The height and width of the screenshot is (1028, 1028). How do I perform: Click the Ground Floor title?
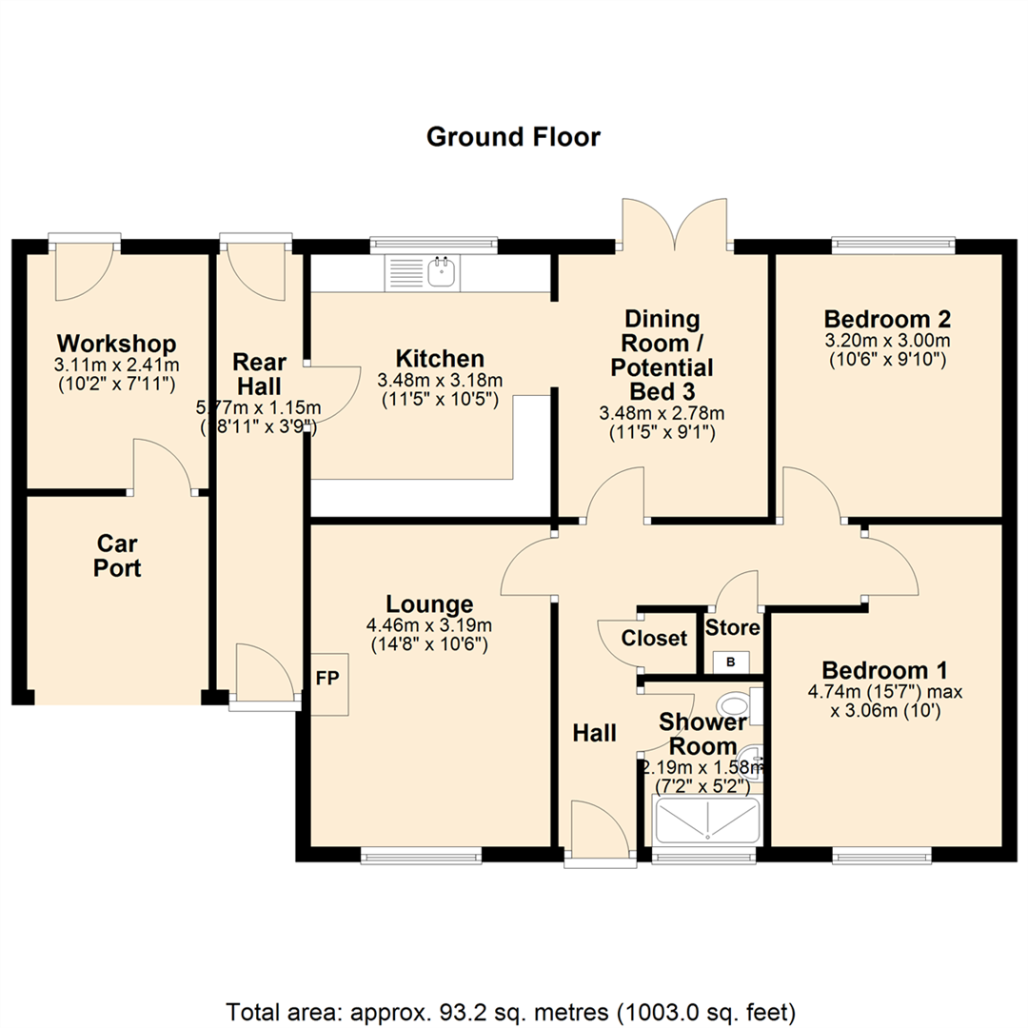pyautogui.click(x=513, y=137)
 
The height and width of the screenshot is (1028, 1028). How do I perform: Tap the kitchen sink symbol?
pyautogui.click(x=443, y=273)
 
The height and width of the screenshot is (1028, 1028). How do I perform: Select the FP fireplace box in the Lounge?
pyautogui.click(x=326, y=682)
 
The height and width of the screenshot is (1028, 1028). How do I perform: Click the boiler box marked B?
pyautogui.click(x=731, y=662)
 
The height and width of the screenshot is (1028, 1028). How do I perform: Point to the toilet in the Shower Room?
pyautogui.click(x=736, y=705)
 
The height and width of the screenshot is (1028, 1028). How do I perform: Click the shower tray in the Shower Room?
pyautogui.click(x=706, y=820)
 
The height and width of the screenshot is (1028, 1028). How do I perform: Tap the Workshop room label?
pyautogui.click(x=117, y=343)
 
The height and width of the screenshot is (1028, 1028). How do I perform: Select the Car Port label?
pyautogui.click(x=118, y=556)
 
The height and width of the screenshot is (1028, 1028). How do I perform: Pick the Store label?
pyautogui.click(x=732, y=628)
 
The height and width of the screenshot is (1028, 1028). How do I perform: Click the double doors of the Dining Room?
pyautogui.click(x=676, y=225)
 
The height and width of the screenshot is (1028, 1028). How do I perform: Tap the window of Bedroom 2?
pyautogui.click(x=893, y=244)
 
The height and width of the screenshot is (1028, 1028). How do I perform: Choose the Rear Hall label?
pyautogui.click(x=258, y=373)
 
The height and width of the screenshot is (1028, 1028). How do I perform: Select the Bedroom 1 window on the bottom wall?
pyautogui.click(x=880, y=858)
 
